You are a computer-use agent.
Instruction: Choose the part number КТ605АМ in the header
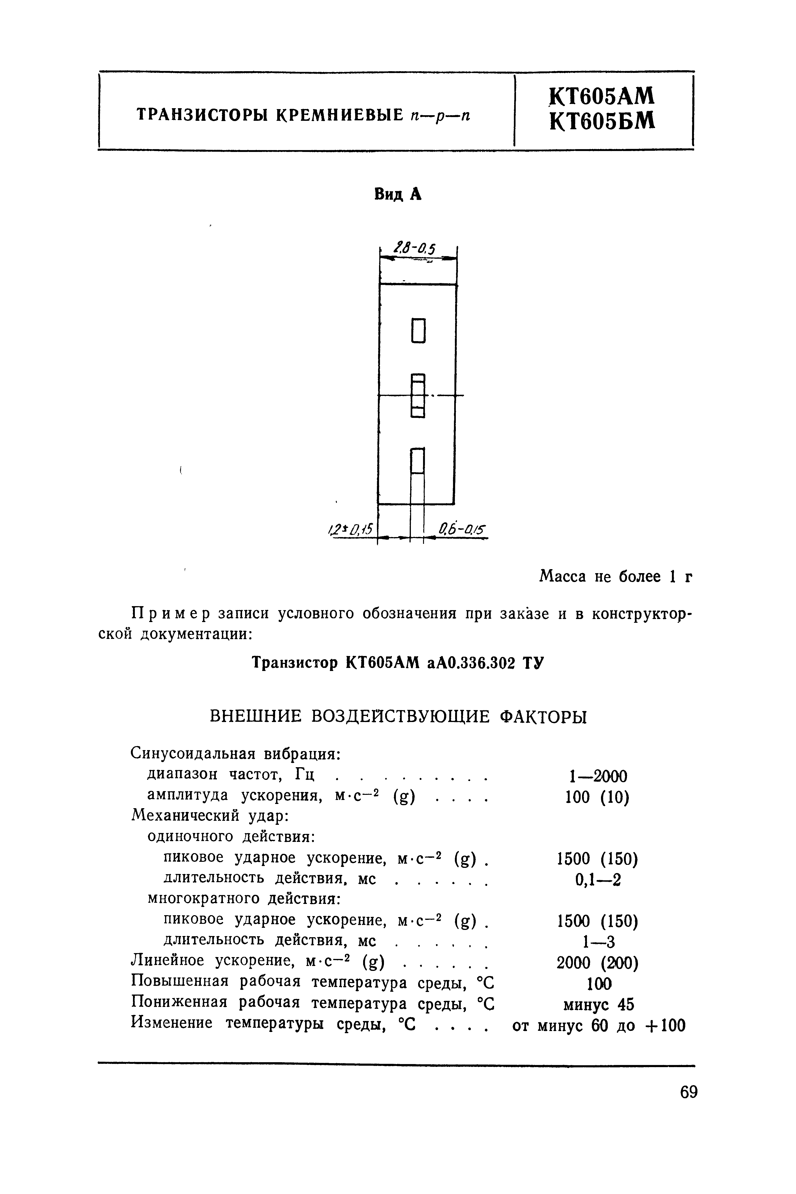tap(603, 96)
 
